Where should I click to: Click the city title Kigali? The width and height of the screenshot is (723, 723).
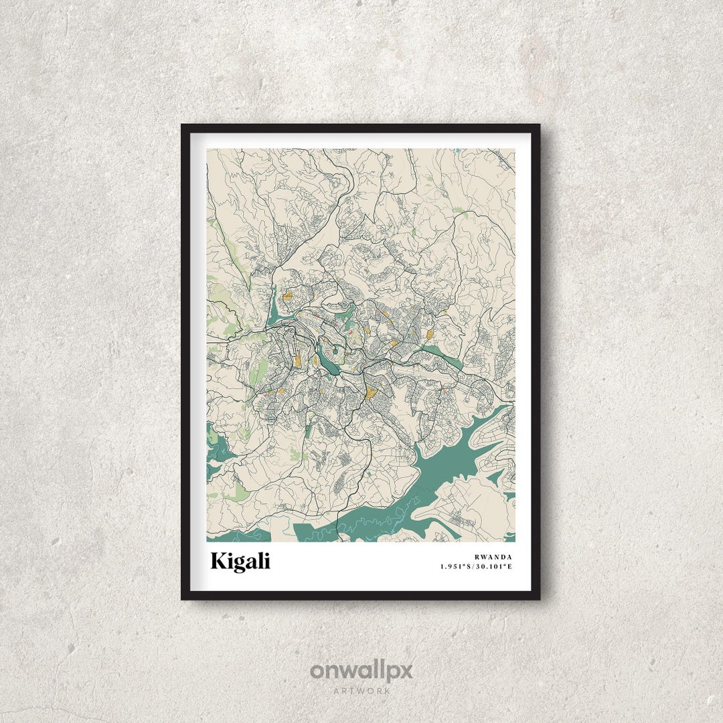coord(240,561)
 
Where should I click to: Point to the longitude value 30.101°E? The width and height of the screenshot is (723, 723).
coord(495,567)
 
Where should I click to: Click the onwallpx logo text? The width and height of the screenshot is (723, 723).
coord(361,671)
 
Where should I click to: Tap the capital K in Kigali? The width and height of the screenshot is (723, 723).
coord(219,561)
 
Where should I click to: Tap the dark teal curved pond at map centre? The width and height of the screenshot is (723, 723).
coord(327,362)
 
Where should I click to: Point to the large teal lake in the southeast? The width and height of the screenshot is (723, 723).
coord(455,455)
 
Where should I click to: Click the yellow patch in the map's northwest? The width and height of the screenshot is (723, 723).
coord(288,295)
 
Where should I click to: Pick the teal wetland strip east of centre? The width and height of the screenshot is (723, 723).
coord(442,356)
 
